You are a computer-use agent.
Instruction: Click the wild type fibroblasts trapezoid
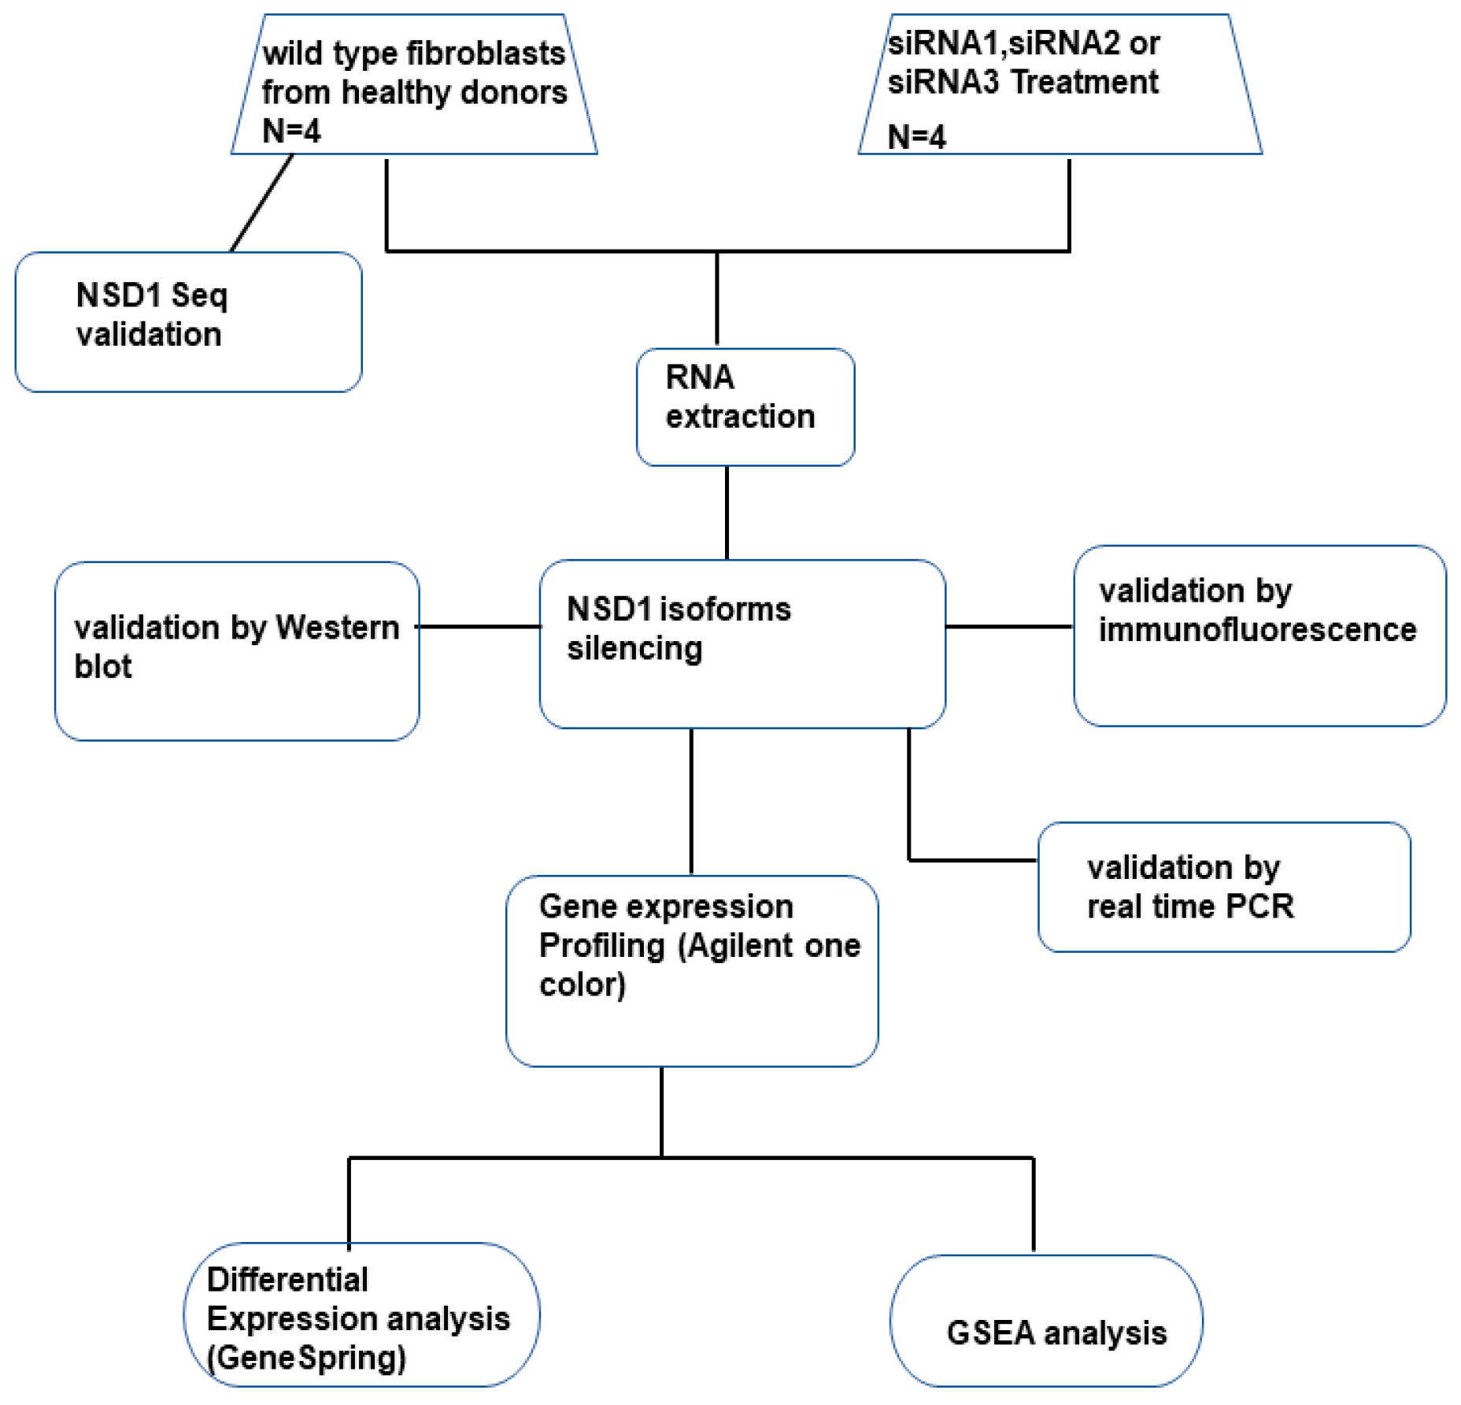click(x=414, y=87)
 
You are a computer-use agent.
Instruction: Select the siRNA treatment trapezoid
click(x=1060, y=87)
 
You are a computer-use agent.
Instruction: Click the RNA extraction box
click(x=745, y=406)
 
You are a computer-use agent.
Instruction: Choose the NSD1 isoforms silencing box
click(x=742, y=643)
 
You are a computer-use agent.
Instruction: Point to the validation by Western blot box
click(x=236, y=651)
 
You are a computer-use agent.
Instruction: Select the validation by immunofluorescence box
click(x=1259, y=635)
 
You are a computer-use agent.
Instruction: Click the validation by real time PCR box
click(x=1223, y=887)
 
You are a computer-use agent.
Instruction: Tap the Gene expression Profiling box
click(x=691, y=970)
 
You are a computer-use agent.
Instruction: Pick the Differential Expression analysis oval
click(x=361, y=1314)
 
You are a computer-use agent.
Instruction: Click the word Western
click(x=338, y=628)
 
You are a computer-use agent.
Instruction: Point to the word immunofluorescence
click(x=1257, y=630)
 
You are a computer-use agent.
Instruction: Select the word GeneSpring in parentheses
click(x=306, y=1358)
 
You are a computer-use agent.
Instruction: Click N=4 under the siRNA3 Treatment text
click(x=915, y=137)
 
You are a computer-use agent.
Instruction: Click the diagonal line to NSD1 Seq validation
click(x=261, y=202)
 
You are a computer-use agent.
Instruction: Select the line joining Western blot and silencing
click(x=479, y=627)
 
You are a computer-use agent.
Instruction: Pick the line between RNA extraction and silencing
click(x=726, y=513)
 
